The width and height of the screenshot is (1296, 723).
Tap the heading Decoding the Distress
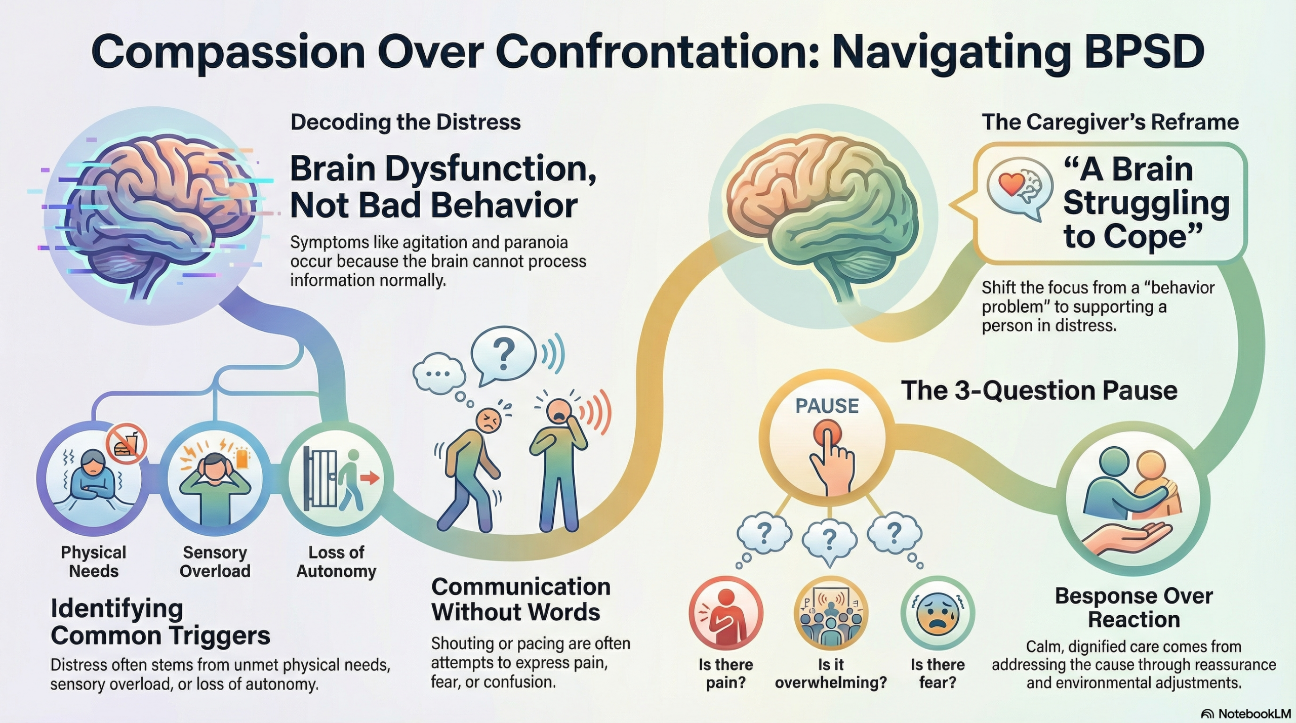[x=406, y=122]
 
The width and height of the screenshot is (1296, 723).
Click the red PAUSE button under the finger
[x=827, y=434]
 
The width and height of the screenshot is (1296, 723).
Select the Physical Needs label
[x=94, y=562]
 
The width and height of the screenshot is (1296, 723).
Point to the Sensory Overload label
[x=215, y=562]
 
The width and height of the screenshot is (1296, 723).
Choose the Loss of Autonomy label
[x=336, y=562]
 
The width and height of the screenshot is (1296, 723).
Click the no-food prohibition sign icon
[x=126, y=443]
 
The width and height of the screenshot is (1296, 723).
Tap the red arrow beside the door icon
[x=372, y=478]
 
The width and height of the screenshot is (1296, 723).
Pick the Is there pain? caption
[x=725, y=673]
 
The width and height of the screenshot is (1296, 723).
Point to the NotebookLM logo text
[x=1254, y=713]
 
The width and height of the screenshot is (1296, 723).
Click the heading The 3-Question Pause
[x=1039, y=391]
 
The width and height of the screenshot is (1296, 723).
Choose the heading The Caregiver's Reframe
[x=1110, y=122]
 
